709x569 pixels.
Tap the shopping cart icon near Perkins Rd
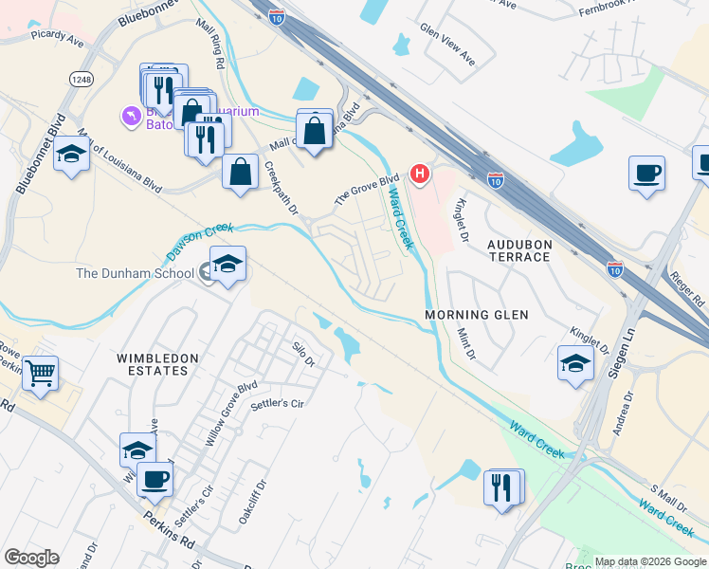coord(40,372)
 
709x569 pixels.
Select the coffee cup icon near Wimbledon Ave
coord(155,478)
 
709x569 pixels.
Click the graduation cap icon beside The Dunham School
coord(227,265)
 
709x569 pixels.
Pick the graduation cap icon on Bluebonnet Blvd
coord(70,154)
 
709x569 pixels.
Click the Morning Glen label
coord(476,315)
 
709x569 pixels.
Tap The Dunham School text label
coord(135,274)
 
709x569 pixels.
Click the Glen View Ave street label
coord(446,43)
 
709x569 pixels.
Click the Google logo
coord(31,558)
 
